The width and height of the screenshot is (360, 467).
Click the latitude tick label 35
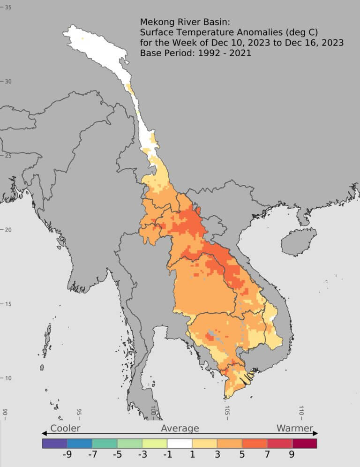(x=8, y=7)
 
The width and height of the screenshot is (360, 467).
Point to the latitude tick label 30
(x=8, y=81)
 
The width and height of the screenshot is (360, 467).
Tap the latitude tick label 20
(x=8, y=230)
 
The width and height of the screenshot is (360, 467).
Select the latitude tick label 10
(x=8, y=378)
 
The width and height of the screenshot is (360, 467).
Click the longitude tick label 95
(x=79, y=412)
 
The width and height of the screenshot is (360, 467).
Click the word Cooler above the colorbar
(x=65, y=428)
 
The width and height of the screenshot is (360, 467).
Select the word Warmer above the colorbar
(x=295, y=428)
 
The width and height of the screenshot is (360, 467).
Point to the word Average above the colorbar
(x=180, y=428)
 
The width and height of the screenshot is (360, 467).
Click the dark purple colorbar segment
(x=54, y=443)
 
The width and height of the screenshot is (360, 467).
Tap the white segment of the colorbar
(x=180, y=443)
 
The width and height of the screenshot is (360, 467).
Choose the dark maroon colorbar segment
(x=304, y=443)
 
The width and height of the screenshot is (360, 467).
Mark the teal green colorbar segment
(x=105, y=443)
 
